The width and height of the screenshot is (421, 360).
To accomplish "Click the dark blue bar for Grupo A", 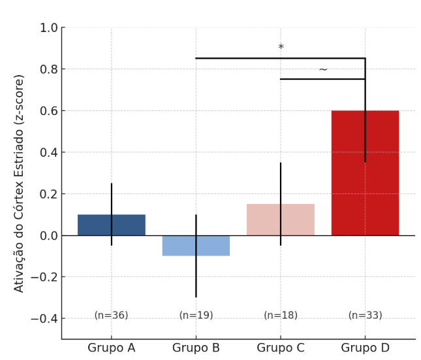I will pos(98,225).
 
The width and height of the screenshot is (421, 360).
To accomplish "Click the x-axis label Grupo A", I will pos(111,348).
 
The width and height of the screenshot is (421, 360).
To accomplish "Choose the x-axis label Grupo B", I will pos(196,348).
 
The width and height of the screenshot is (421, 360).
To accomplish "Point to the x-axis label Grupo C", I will pos(281,348).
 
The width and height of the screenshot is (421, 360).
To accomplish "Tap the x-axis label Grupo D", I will pos(365,348).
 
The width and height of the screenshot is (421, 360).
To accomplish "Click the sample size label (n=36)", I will pos(111,316).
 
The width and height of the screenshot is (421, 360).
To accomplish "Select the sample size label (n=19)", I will pos(196,316).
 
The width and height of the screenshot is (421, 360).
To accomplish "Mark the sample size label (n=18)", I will pos(281,316).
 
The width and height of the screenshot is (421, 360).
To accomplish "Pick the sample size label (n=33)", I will pos(365,316).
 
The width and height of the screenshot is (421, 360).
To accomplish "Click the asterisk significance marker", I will pos(281,48).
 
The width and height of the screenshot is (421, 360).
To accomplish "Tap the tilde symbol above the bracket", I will pos(323,69).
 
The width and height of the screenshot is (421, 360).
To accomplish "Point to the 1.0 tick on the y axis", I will pos(49,27).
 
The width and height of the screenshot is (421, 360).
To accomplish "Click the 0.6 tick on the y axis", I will pos(49,111).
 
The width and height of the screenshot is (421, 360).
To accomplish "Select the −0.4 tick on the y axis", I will pos(45,319).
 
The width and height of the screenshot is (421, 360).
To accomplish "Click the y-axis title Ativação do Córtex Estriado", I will pos(19,183).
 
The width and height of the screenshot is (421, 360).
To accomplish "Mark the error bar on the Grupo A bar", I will pos(112,196).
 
